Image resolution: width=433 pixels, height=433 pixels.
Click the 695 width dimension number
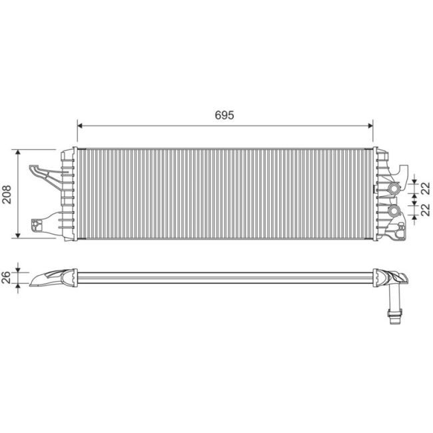[224, 115]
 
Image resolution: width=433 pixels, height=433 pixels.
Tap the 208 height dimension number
[6, 193]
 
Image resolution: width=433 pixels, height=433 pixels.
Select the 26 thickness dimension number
[6, 276]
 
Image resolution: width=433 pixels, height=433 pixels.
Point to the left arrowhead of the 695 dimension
[81, 124]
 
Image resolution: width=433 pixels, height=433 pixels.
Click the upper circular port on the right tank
[393, 190]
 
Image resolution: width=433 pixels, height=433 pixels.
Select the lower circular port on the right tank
[394, 212]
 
